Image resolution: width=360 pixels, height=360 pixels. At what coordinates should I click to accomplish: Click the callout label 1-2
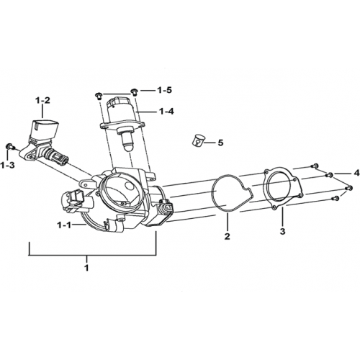click(43, 100)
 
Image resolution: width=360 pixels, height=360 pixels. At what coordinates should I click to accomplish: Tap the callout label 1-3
click(7, 165)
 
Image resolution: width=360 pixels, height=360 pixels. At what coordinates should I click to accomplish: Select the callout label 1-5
click(164, 91)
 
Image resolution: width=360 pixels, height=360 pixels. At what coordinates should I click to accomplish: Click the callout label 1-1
click(63, 225)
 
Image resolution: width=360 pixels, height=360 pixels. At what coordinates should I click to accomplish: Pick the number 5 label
click(220, 143)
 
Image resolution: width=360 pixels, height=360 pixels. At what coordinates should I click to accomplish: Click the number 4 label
click(357, 173)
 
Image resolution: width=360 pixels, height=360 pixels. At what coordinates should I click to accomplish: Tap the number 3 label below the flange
click(283, 232)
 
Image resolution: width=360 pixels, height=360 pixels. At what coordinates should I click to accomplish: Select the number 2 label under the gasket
click(227, 236)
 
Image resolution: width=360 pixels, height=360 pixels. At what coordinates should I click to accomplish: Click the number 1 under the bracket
click(86, 267)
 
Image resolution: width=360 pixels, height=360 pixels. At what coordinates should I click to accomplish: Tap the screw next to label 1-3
click(10, 146)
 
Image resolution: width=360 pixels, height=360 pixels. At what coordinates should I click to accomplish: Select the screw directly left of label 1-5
click(99, 95)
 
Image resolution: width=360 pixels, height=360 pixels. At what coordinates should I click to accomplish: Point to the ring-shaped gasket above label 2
click(231, 194)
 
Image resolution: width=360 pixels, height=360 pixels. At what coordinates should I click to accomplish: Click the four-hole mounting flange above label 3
click(282, 187)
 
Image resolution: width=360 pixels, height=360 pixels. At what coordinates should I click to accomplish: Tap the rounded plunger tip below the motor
click(129, 145)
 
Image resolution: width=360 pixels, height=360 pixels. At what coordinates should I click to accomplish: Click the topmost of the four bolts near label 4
click(315, 166)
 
